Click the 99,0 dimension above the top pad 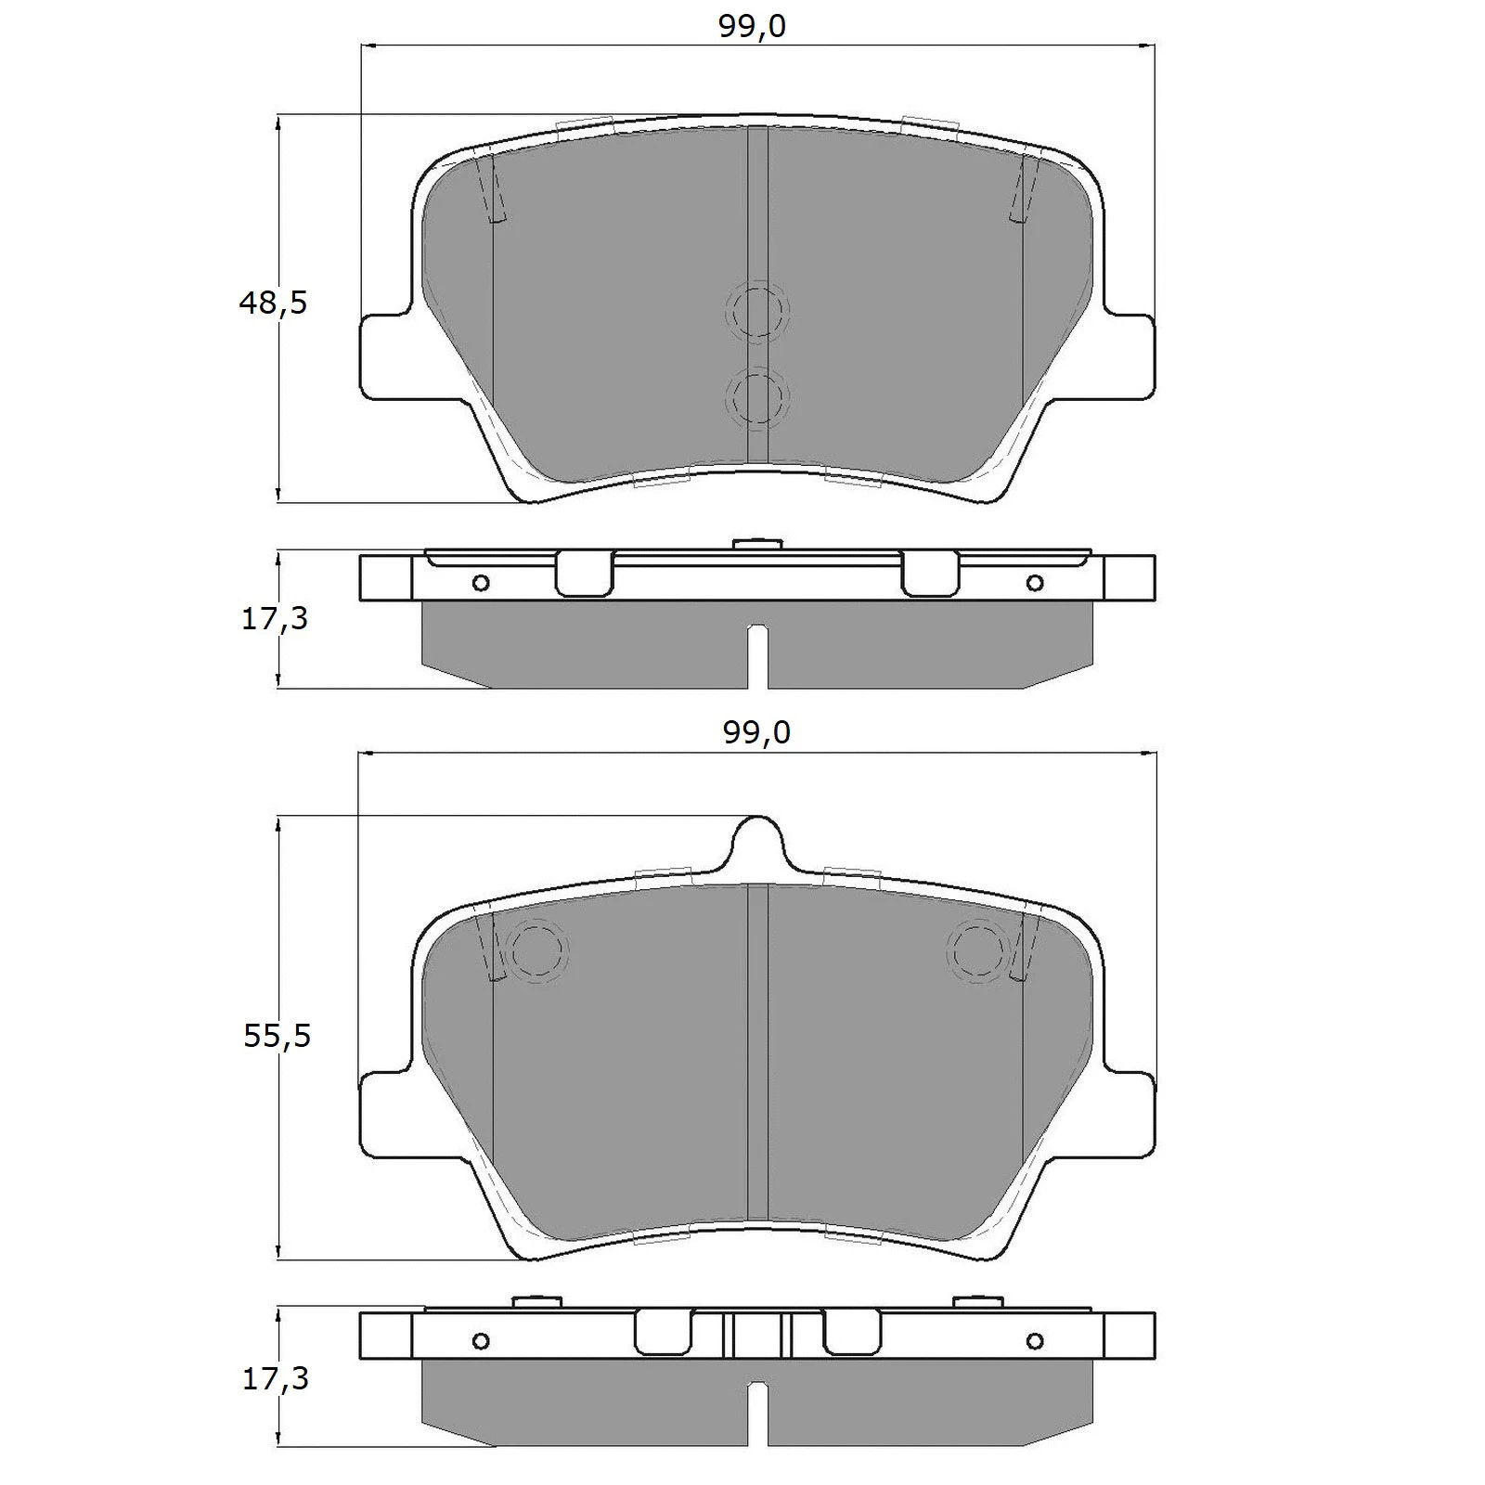752,27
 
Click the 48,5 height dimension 272,303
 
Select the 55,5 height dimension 276,1036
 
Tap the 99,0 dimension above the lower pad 756,733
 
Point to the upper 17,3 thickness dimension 274,618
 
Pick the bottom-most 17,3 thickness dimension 275,1379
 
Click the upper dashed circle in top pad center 756,311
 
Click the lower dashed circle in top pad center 756,397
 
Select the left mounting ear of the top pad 385,357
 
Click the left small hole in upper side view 481,583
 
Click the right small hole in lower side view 1035,1341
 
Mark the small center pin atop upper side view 757,543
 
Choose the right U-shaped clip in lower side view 851,1333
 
